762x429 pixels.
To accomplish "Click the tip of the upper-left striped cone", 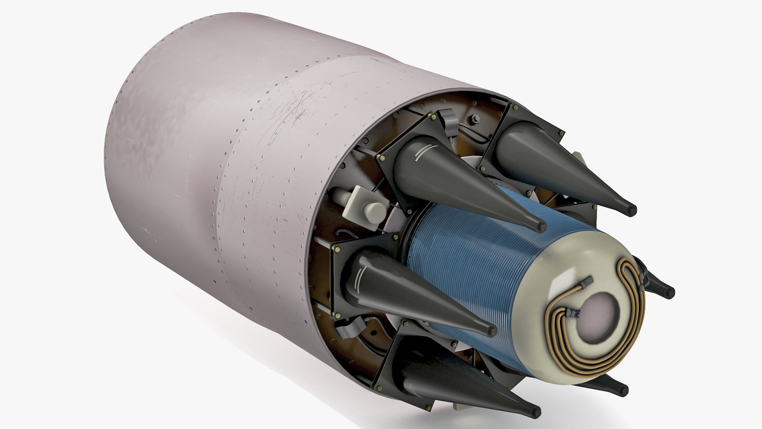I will point(541,227).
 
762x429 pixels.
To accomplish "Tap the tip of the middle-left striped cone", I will point(492,330).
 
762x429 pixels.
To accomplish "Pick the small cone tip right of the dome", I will point(669,293).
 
